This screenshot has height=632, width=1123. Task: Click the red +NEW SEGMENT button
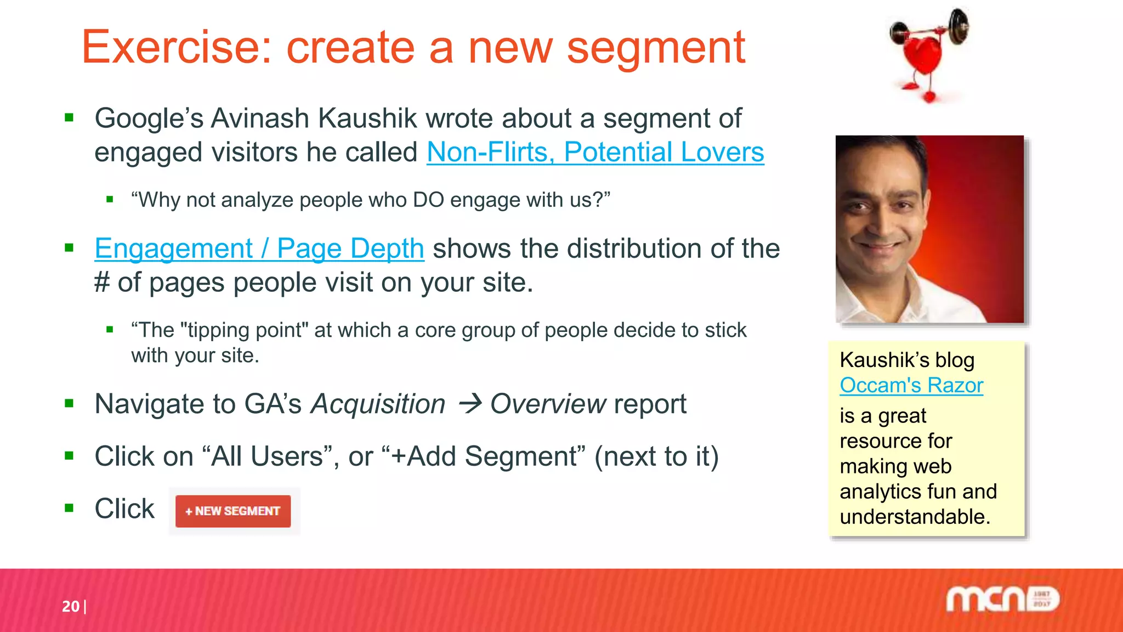click(233, 511)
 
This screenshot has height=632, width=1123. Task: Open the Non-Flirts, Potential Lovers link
click(595, 152)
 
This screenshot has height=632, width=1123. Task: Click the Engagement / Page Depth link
click(259, 249)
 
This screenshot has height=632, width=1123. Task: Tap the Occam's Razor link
click(911, 385)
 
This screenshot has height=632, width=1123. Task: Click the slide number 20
click(71, 606)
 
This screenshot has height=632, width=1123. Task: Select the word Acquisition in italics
click(378, 404)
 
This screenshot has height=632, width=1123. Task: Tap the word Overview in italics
click(548, 404)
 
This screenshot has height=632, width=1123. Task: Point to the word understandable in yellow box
click(914, 517)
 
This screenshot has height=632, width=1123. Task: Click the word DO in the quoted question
click(428, 200)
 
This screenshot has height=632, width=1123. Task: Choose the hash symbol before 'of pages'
click(102, 283)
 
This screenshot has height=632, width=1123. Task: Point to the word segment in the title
click(656, 48)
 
